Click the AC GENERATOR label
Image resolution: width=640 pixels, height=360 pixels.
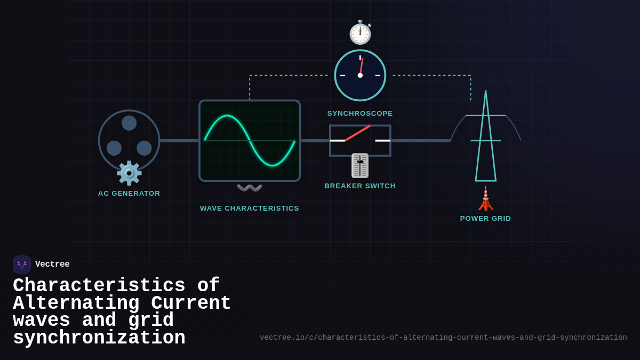pos(129,194)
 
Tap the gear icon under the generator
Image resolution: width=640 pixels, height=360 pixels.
pos(129,173)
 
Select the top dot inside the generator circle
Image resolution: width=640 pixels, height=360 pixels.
pos(129,123)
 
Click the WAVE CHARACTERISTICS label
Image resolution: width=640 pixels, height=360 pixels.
pos(250,209)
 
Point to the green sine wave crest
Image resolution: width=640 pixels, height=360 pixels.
pos(227,116)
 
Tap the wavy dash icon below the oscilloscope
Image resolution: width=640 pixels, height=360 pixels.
pos(250,188)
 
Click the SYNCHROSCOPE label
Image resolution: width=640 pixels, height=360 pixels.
pos(360,114)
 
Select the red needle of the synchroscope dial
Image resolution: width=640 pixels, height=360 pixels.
pos(362,66)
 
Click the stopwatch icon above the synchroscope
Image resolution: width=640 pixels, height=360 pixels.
pos(360,33)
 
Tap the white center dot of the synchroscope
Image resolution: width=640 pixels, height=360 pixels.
pos(360,75)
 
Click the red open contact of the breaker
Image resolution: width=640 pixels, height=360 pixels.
pos(357,133)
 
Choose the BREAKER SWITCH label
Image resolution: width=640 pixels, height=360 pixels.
pos(360,186)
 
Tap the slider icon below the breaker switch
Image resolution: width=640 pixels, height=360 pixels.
pos(360,165)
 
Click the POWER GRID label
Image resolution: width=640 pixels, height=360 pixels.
pos(485,219)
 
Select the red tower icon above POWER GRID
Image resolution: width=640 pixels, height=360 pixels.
pos(485,199)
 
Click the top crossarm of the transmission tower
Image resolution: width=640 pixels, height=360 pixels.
pos(485,115)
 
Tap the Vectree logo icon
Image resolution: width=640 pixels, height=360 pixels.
pos(22,265)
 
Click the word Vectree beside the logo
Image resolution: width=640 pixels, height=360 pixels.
pos(52,265)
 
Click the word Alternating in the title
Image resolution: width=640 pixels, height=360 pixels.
pos(76,303)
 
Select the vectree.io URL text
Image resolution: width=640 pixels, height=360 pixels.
pos(443,338)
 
